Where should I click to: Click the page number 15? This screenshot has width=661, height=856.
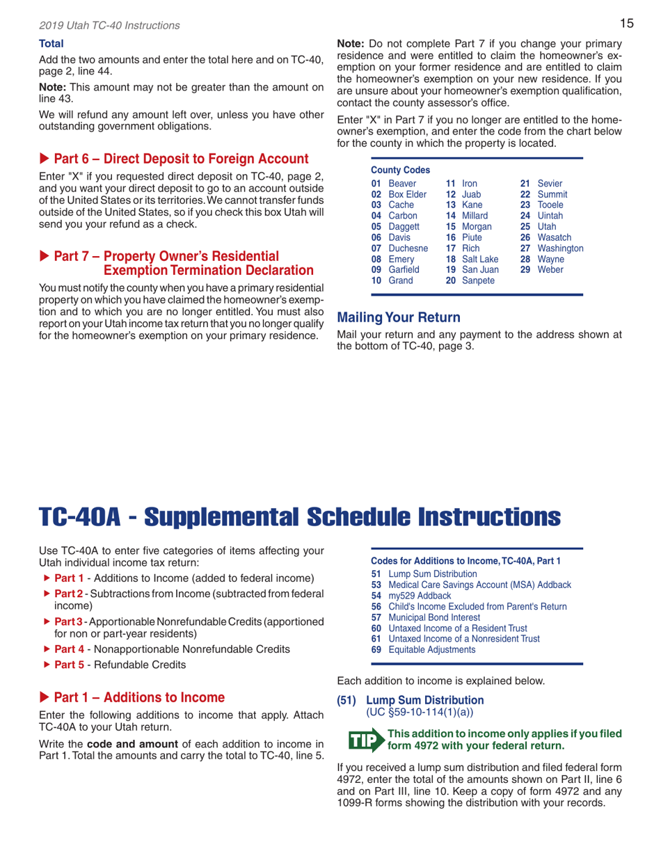tap(626, 24)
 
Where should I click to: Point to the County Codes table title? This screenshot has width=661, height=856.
tap(401, 171)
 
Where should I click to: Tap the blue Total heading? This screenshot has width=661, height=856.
tap(51, 44)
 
